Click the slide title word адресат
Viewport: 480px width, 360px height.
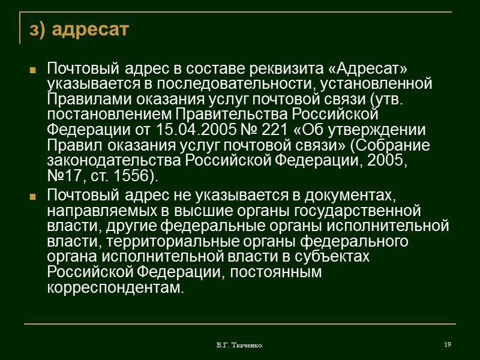pyautogui.click(x=91, y=29)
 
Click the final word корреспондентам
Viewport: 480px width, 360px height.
pyautogui.click(x=113, y=289)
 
